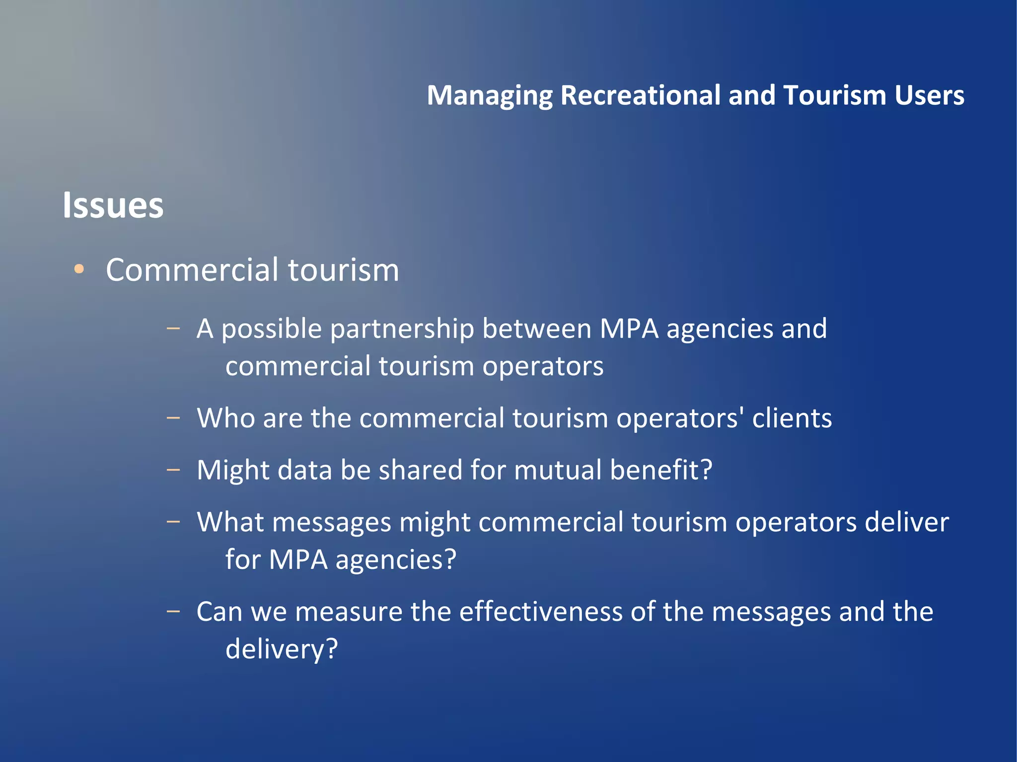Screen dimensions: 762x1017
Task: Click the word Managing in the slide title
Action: click(x=490, y=96)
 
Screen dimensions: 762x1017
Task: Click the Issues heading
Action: click(x=113, y=205)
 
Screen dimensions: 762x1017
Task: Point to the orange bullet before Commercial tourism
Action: click(x=79, y=270)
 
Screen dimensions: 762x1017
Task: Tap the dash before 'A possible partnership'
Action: click(x=173, y=328)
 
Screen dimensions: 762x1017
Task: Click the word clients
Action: click(x=792, y=418)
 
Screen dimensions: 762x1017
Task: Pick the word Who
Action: click(x=226, y=418)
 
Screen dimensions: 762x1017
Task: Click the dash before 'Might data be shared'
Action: click(x=173, y=469)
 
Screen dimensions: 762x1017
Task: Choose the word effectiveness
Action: click(x=541, y=612)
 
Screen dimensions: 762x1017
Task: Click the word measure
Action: click(x=349, y=612)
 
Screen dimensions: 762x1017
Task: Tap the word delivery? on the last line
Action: click(x=282, y=649)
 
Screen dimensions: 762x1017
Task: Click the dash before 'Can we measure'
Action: click(x=173, y=611)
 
